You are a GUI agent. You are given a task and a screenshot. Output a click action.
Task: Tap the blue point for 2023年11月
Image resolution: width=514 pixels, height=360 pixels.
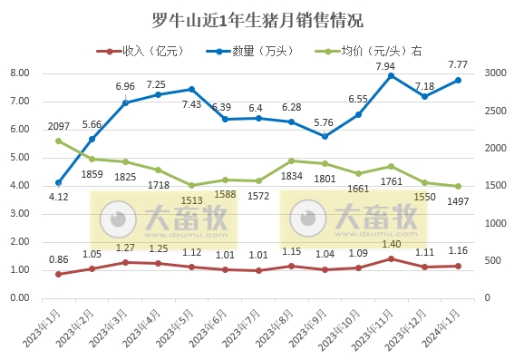(391, 76)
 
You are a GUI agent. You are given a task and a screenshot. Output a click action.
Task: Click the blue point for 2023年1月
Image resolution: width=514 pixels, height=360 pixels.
(59, 182)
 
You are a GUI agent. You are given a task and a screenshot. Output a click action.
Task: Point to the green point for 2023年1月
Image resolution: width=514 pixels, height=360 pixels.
(59, 141)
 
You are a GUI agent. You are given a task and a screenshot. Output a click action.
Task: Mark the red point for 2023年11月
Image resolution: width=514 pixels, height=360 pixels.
(391, 258)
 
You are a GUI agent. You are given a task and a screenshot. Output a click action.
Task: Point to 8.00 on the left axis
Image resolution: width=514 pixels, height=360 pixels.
(19, 73)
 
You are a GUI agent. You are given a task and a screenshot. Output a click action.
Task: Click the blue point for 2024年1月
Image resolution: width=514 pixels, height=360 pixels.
(457, 80)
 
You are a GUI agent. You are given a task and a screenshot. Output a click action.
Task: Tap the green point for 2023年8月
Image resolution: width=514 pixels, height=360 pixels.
(291, 161)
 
